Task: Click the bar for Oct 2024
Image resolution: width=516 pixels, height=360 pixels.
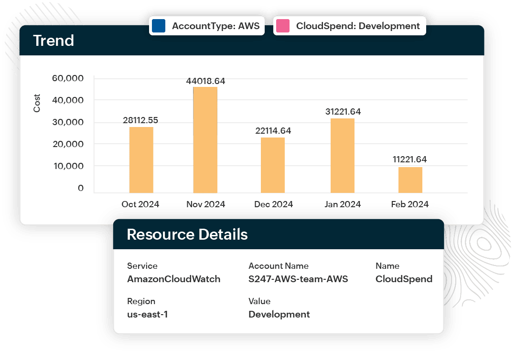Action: pos(141,159)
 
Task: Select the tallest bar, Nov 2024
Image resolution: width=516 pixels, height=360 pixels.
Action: pos(205,140)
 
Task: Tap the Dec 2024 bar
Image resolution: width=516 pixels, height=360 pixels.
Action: pos(273,165)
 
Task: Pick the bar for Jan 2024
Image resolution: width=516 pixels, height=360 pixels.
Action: pos(343,156)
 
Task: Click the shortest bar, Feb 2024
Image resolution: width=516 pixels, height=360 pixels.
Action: pos(410,180)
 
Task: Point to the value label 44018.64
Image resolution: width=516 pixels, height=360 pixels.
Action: pos(205,81)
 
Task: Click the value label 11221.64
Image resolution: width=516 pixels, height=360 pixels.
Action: pos(410,159)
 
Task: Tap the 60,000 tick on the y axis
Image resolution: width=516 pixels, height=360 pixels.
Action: pos(67,78)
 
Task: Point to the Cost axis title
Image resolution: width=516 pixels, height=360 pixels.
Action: pos(37,104)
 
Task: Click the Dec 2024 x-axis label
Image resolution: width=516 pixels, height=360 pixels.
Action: pos(273,204)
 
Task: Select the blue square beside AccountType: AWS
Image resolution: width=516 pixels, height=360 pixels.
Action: pos(158,26)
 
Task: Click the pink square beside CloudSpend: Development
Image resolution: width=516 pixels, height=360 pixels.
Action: pos(282,26)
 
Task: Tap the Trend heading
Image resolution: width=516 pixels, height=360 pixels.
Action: pos(54,41)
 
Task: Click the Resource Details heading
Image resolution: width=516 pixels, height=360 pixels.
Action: pos(187,234)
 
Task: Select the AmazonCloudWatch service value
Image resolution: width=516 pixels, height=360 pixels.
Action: pos(173,279)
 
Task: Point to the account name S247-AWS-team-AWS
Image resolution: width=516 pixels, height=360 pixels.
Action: pos(298,279)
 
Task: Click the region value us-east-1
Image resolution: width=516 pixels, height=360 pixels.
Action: pos(147,315)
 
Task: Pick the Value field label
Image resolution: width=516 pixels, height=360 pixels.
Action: pos(259,301)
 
